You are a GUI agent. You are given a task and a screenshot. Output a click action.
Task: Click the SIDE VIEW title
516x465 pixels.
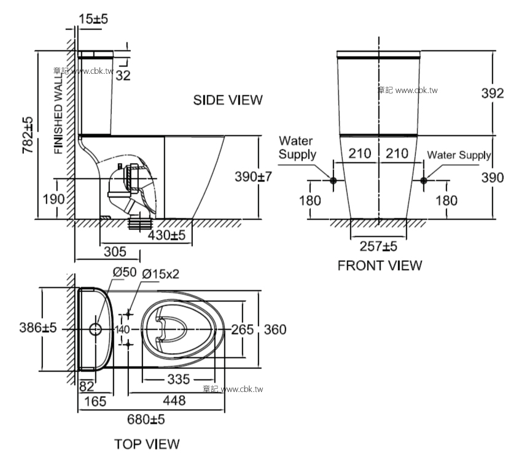point(227,100)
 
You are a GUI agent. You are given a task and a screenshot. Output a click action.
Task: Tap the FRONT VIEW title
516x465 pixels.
point(380,265)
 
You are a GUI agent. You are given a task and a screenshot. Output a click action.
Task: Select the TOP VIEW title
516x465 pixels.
point(147,443)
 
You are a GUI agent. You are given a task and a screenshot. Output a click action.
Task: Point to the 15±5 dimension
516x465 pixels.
point(93,20)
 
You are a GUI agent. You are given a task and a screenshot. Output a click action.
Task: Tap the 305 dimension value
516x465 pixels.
point(115,252)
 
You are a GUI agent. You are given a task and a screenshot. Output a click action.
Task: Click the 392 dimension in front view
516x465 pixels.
point(498,93)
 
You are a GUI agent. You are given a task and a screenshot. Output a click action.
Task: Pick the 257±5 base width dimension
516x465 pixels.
point(378,247)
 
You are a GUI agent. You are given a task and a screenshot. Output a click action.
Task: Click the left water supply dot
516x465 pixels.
point(333,181)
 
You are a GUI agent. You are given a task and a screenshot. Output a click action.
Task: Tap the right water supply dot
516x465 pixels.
point(424,181)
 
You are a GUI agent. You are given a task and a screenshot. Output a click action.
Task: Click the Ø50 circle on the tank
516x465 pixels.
point(95,329)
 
